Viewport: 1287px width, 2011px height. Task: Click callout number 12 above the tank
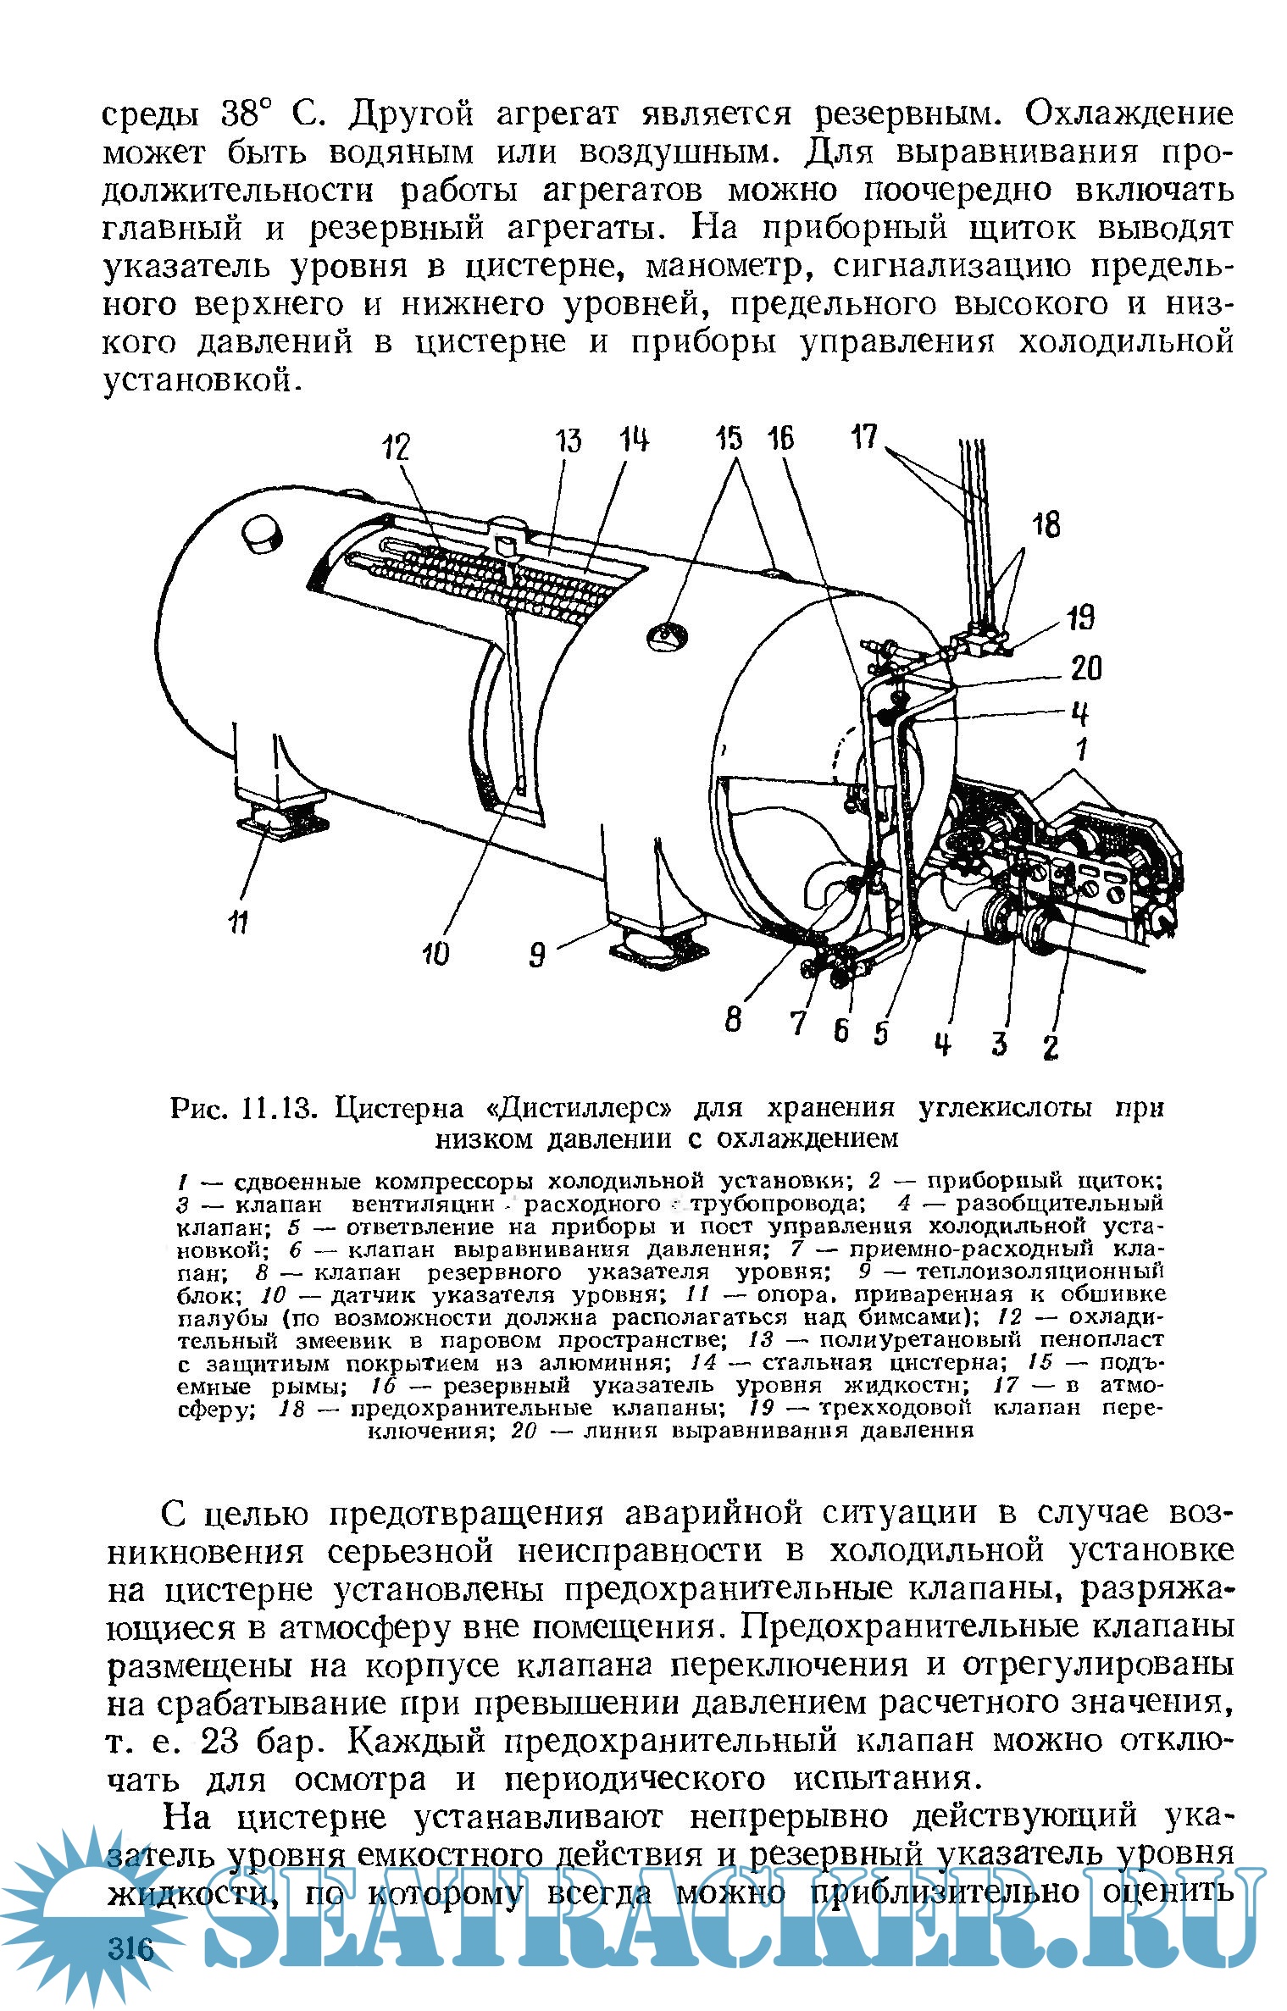(395, 446)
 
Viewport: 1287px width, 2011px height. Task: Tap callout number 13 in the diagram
(569, 440)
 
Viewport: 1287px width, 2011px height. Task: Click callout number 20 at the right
(1085, 669)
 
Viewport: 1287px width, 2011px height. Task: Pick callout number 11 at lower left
(238, 920)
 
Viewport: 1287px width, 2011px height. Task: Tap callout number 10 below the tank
(436, 955)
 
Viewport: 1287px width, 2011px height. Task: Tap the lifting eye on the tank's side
(667, 633)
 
